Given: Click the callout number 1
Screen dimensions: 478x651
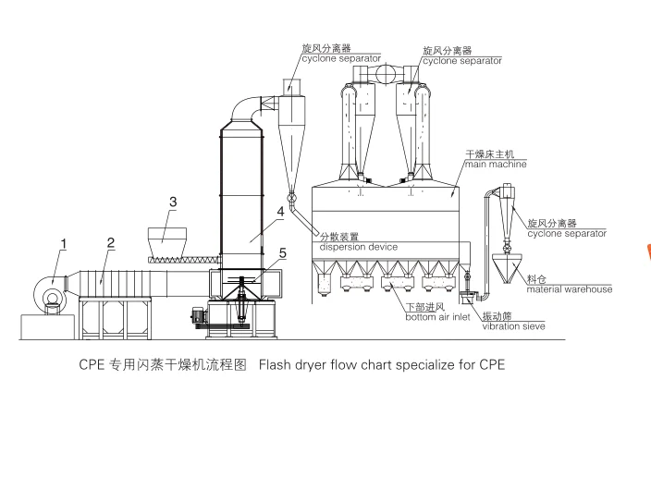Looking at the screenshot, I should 63,244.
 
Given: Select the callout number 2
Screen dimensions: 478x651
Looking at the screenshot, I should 110,243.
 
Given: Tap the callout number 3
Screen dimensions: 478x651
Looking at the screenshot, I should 173,201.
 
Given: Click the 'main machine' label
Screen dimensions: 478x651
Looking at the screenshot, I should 496,165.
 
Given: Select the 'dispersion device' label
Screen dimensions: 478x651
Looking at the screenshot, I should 359,247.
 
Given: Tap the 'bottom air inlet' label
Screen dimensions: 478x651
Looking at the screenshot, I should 433,317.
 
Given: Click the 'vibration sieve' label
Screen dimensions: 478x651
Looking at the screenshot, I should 513,325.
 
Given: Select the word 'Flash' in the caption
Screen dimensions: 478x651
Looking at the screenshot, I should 276,364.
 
